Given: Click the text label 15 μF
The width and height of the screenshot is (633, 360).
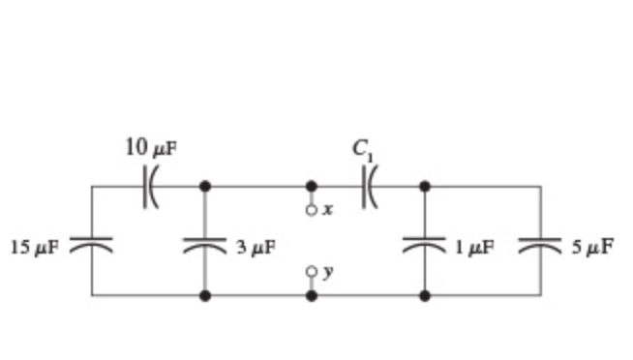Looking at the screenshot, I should click(34, 247).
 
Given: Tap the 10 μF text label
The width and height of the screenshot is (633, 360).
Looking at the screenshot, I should click(152, 148).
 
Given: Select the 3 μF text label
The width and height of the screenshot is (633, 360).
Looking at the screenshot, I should click(256, 247).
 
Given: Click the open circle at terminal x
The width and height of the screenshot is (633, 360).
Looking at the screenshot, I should click(311, 209).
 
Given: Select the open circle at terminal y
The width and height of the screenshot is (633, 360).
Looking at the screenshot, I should click(311, 272).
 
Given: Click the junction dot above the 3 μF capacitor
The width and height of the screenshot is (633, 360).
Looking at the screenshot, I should click(204, 185).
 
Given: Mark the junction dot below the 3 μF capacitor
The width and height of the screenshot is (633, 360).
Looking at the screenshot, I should click(204, 295).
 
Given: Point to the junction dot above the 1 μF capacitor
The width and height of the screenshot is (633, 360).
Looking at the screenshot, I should click(424, 185).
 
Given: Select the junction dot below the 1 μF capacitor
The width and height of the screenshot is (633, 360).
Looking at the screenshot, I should click(424, 295).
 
